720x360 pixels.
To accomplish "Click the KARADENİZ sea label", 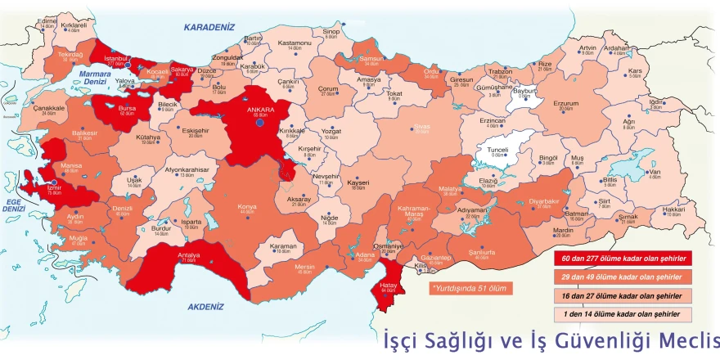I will (209, 28).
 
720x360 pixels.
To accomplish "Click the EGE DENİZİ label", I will (14, 205).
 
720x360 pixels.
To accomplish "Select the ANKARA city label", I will (260, 109).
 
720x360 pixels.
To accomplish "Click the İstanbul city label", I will (118, 59).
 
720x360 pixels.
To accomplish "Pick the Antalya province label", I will (189, 254).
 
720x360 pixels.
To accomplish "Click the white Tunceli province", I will (498, 151).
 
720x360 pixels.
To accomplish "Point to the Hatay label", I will (388, 284).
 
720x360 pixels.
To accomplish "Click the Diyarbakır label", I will (544, 200).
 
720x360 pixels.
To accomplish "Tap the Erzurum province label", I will (565, 104).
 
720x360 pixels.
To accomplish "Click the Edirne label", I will (47, 21).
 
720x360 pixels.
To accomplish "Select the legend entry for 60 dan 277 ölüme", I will (622, 259).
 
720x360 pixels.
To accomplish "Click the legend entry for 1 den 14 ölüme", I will (622, 314).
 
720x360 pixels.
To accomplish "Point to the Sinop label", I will (331, 31).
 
